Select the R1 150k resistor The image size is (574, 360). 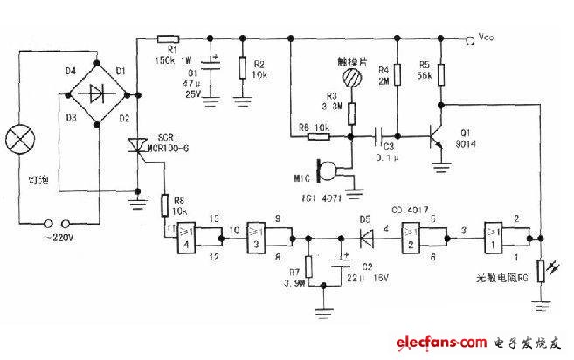pyautogui.click(x=168, y=38)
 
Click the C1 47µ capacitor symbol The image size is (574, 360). pyautogui.click(x=211, y=62)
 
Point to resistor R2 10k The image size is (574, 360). pyautogui.click(x=241, y=63)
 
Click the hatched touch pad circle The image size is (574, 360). pyautogui.click(x=353, y=77)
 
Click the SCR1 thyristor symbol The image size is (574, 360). pyautogui.click(x=138, y=148)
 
